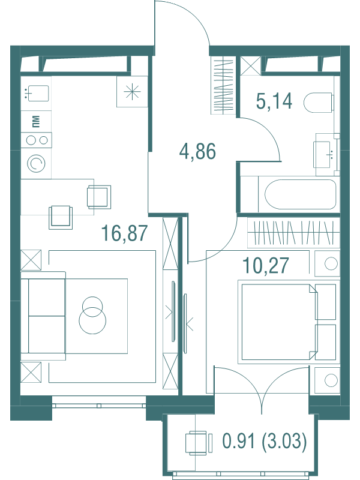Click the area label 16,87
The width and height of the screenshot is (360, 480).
point(124,233)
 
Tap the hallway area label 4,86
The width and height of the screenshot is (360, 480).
point(197,151)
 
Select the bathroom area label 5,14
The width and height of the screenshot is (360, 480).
point(274,101)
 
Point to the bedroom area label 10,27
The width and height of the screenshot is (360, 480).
point(265,265)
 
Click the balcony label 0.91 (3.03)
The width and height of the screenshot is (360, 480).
point(265,442)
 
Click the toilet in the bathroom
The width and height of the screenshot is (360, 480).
point(319,103)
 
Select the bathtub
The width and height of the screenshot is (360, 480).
point(300,194)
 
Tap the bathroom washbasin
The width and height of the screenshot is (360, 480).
point(325,154)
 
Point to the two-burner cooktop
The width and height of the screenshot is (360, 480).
point(36,140)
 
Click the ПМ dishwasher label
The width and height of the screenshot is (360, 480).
point(36,121)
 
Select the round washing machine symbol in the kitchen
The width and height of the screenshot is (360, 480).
point(36,164)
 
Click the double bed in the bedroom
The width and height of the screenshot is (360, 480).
point(289,322)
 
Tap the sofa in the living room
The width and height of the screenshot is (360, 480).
point(43,316)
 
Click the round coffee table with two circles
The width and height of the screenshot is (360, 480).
point(92,315)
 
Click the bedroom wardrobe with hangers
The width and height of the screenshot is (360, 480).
point(293,232)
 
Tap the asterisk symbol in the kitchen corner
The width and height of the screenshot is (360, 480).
point(132,92)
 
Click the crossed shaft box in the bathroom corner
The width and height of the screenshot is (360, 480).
point(250,65)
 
